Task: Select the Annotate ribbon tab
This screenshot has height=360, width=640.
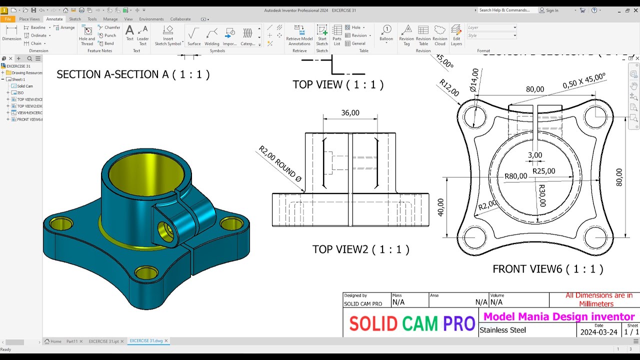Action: point(54,19)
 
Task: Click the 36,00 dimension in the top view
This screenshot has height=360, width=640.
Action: point(350,113)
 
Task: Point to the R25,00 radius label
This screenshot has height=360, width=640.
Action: point(543,171)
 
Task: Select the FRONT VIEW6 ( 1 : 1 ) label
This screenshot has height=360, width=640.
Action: point(547,269)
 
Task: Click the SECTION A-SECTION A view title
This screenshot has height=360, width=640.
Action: point(133,74)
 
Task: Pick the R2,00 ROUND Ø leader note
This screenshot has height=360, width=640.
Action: point(280,163)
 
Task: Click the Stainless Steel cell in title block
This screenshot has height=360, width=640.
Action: point(502,330)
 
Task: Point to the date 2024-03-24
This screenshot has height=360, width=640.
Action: point(598,332)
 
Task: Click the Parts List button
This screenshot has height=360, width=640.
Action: point(337,35)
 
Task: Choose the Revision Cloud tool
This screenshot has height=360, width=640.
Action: point(439,35)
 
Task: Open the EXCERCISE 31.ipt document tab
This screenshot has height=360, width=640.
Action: point(103,341)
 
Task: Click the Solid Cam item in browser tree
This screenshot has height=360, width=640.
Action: point(25,86)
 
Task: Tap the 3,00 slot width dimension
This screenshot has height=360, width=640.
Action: point(535,155)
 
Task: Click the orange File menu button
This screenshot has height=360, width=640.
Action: point(7,19)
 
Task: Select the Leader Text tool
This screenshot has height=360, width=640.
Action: point(142,35)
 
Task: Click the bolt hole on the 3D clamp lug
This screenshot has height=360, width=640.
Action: point(165,230)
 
